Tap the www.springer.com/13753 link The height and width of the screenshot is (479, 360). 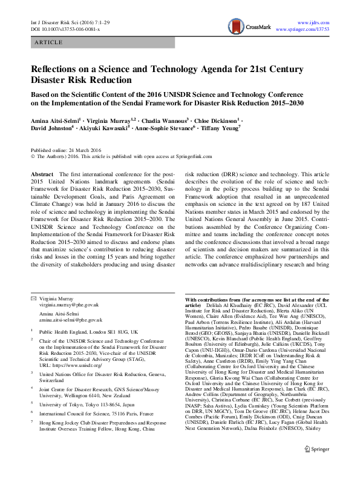303,29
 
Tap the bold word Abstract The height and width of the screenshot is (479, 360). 42,174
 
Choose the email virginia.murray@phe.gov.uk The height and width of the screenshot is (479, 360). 68,305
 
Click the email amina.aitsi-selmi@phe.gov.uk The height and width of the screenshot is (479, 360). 71,319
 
